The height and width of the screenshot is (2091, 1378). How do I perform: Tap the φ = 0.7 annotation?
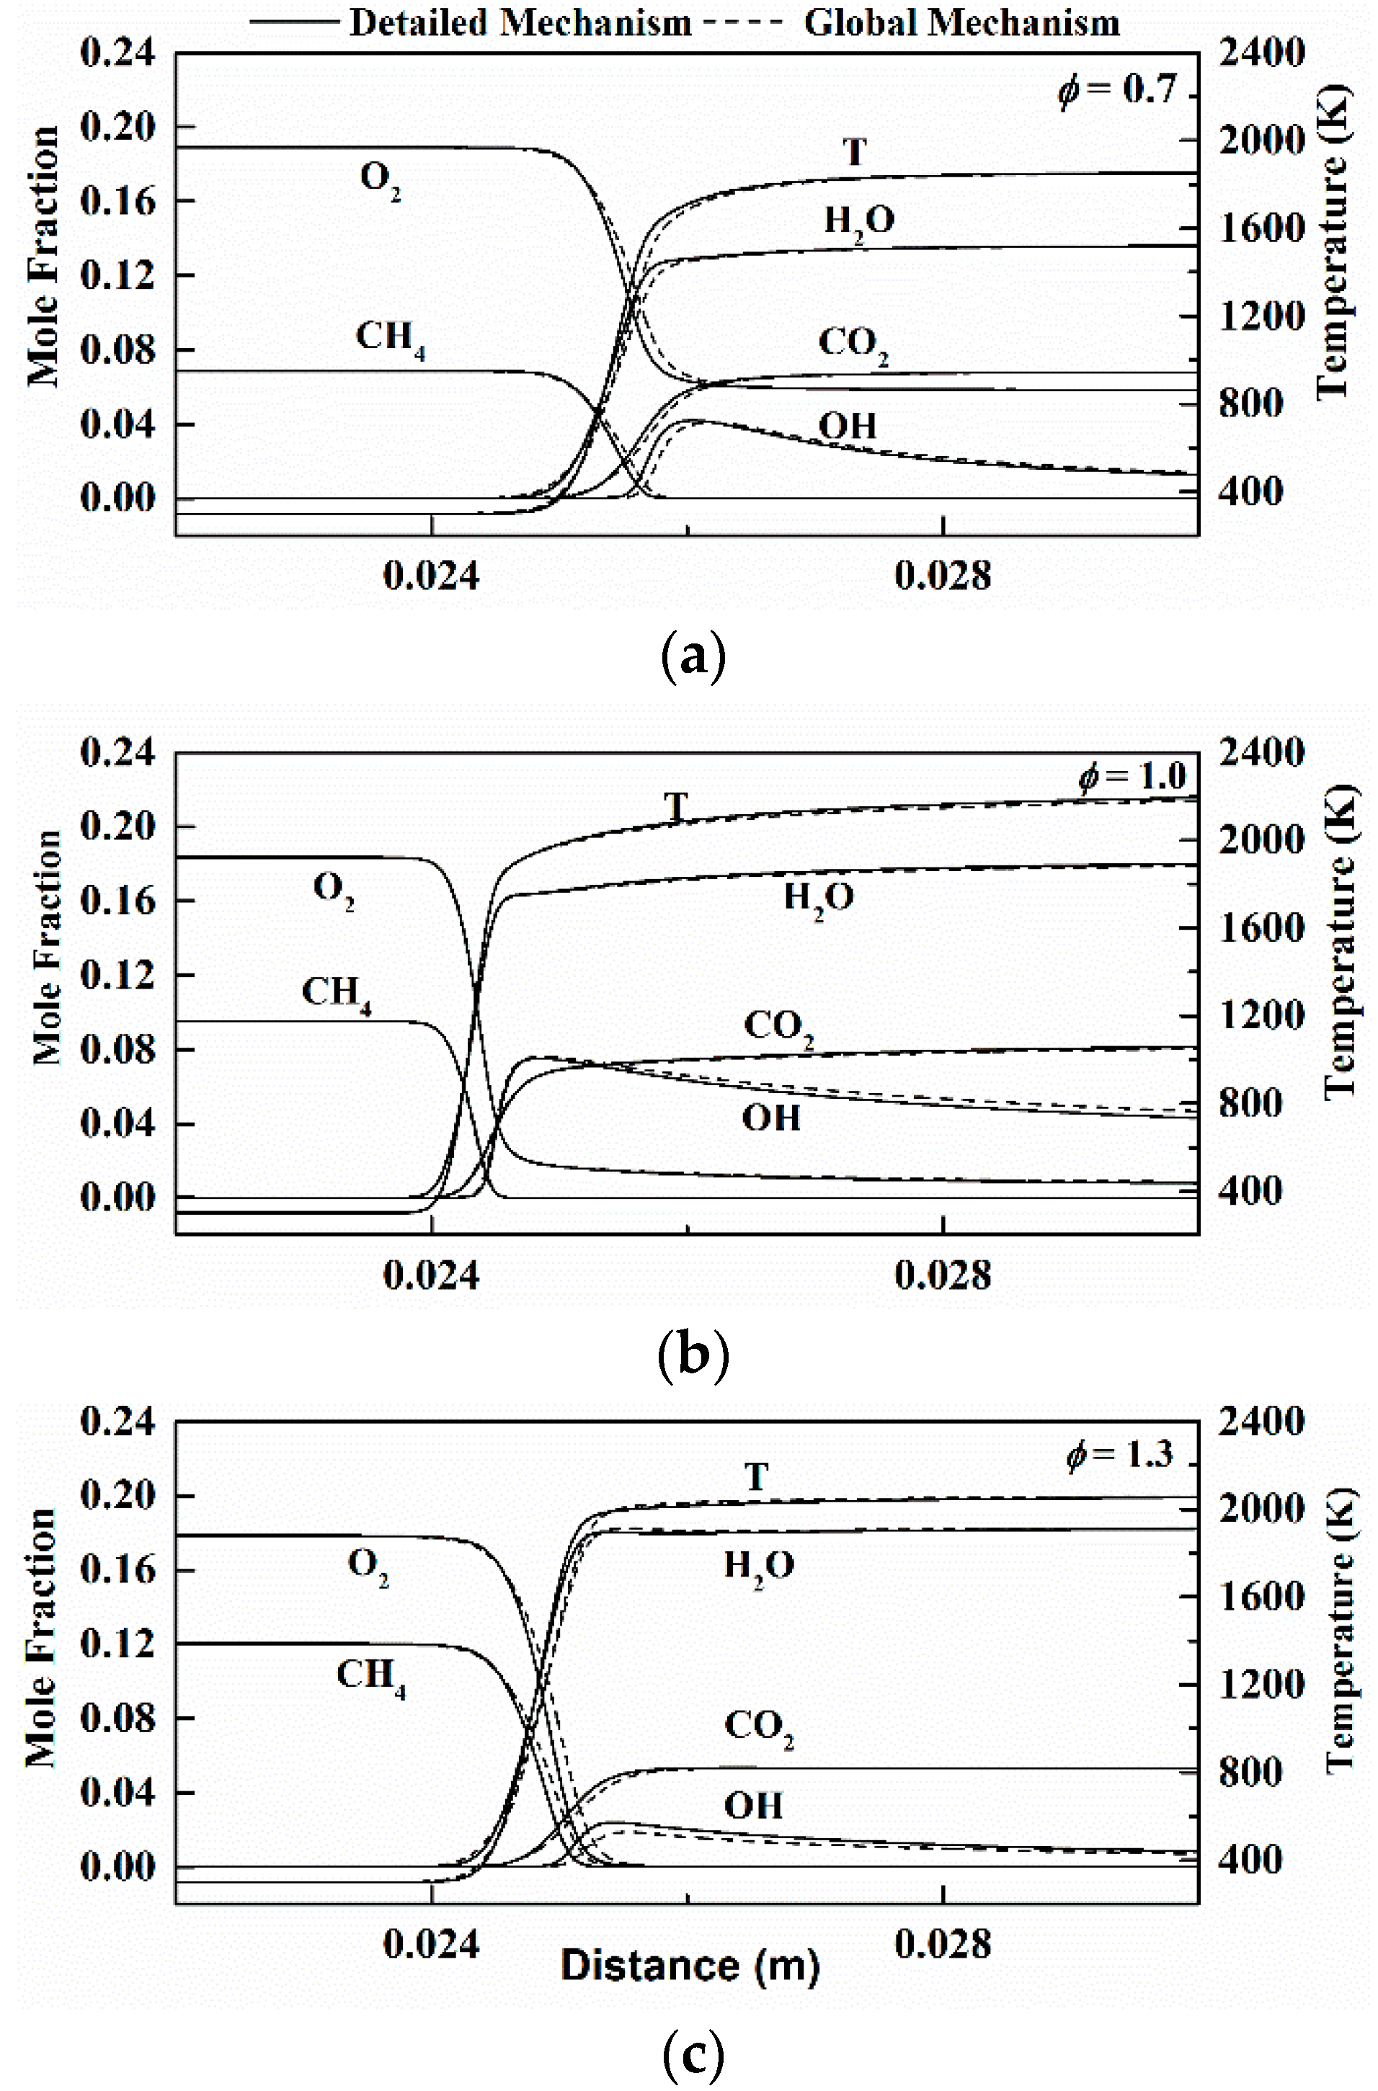pyautogui.click(x=1116, y=89)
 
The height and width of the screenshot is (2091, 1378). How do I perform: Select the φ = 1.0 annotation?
pyautogui.click(x=1132, y=776)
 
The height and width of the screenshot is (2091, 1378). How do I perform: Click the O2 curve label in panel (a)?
pyautogui.click(x=380, y=180)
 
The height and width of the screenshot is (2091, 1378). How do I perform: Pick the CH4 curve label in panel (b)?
pyautogui.click(x=336, y=993)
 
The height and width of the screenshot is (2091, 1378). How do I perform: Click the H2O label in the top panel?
pyautogui.click(x=858, y=221)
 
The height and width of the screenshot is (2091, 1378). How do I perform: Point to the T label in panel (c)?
pyautogui.click(x=757, y=1477)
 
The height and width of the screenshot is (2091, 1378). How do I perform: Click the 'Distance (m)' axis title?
pyautogui.click(x=690, y=1964)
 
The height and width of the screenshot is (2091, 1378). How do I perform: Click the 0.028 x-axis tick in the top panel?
pyautogui.click(x=943, y=576)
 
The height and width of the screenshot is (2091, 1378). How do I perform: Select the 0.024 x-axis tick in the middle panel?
pyautogui.click(x=431, y=1275)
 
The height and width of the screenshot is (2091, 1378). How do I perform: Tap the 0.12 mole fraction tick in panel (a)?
pyautogui.click(x=117, y=276)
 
